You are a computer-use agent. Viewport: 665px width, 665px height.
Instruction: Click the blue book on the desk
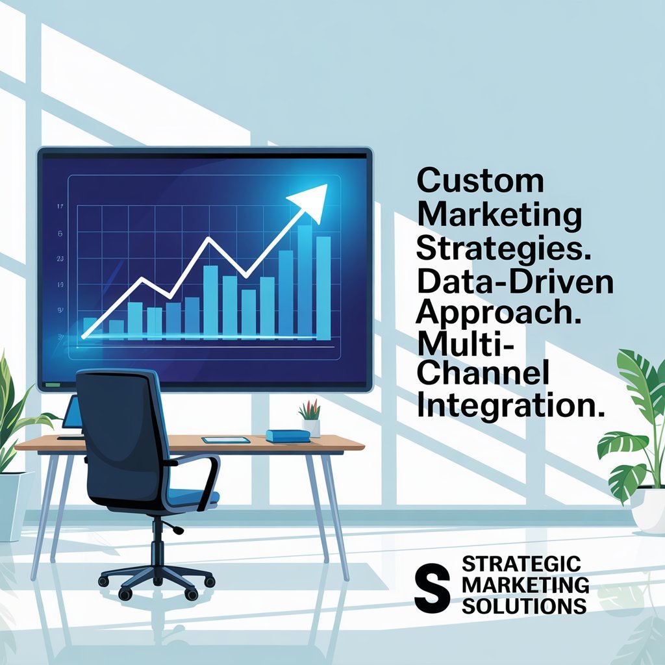pyautogui.click(x=288, y=436)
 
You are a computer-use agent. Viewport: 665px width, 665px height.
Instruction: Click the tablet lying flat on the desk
pyautogui.click(x=225, y=440)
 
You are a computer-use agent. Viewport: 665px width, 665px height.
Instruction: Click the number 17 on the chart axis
pyautogui.click(x=60, y=207)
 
